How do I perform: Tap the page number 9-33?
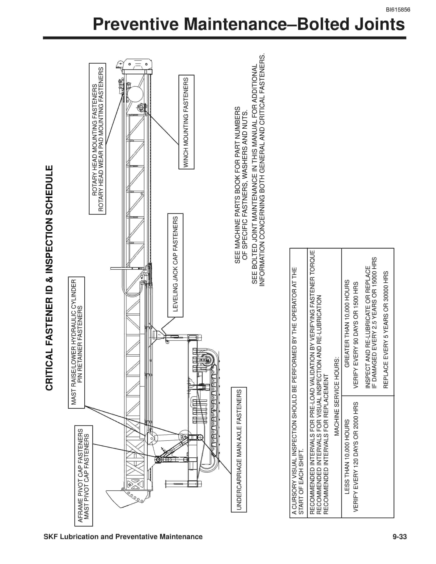click(400, 537)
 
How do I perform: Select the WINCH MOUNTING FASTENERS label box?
click(186, 122)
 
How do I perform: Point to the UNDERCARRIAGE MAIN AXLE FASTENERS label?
click(239, 450)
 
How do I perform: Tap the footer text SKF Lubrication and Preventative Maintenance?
click(123, 537)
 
